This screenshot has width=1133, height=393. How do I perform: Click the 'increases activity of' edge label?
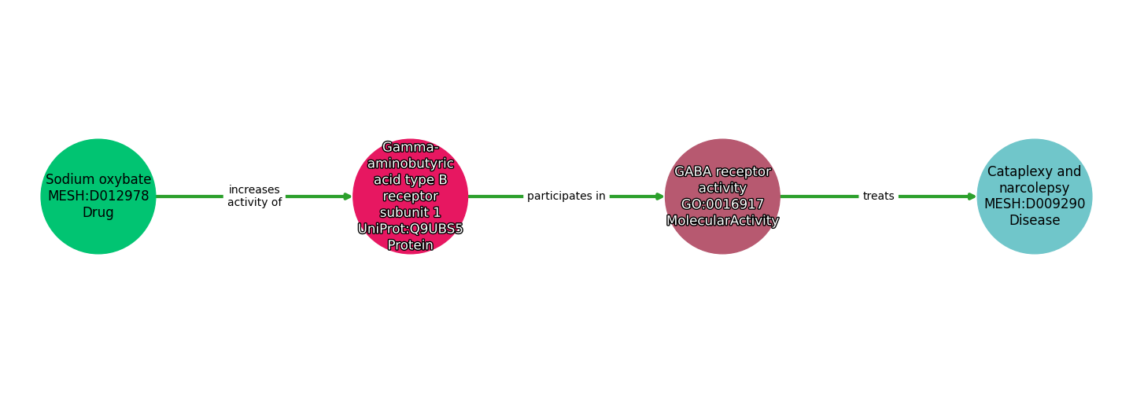point(254,196)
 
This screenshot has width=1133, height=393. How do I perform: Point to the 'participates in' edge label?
point(566,196)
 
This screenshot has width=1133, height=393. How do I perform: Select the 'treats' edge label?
point(878,196)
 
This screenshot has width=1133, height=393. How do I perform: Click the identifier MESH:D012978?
point(98,196)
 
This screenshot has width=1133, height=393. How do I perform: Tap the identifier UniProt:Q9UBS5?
point(411,229)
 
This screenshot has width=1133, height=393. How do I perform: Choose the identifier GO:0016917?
point(722,204)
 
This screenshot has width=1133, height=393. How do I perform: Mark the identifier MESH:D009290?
point(1035,204)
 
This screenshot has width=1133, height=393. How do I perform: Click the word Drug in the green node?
point(98,213)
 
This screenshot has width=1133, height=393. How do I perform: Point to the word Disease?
point(1035,221)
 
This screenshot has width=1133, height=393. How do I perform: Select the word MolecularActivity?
point(722,221)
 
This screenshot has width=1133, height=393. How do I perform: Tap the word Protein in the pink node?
point(411,245)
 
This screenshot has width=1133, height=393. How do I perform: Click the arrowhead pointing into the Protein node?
point(347,196)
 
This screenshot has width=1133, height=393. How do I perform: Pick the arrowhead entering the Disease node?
point(972,196)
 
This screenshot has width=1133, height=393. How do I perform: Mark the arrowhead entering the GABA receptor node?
point(659,196)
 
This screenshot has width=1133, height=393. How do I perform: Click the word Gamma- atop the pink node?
point(411,147)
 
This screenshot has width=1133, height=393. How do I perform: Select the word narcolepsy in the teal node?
point(1035,189)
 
